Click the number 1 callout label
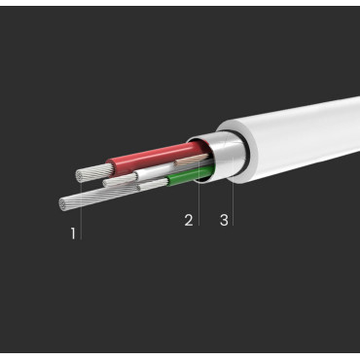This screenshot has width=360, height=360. [73, 233]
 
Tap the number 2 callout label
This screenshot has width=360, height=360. [189, 220]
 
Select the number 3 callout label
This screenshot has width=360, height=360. [224, 220]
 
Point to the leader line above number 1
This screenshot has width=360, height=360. [80, 216]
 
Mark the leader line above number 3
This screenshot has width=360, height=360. [233, 195]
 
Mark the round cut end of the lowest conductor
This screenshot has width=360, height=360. [64, 203]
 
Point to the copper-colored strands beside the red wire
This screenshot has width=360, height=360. [195, 152]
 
